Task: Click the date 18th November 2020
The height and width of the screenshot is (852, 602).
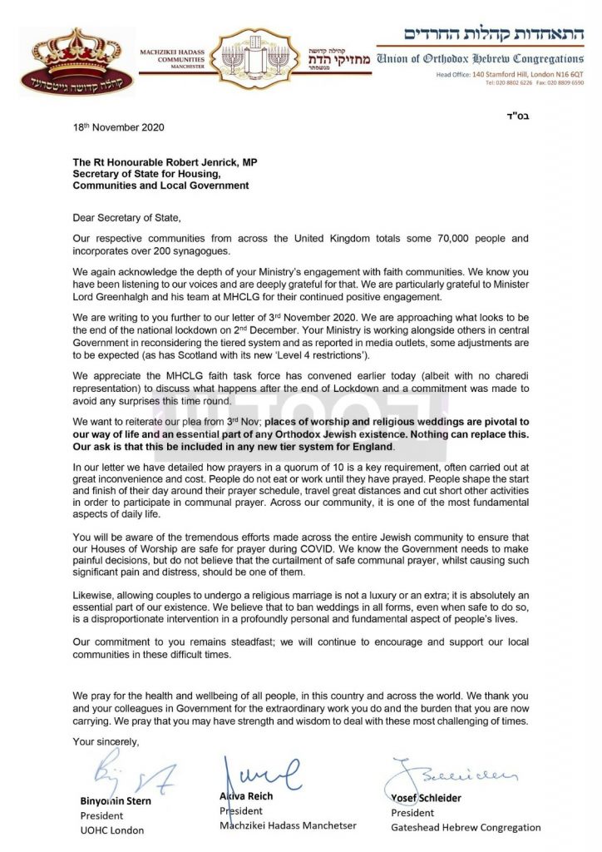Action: coord(118,127)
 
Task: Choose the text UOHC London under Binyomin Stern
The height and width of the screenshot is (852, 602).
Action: coord(111,830)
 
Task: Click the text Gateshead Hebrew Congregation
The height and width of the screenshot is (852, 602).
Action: coord(466,827)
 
